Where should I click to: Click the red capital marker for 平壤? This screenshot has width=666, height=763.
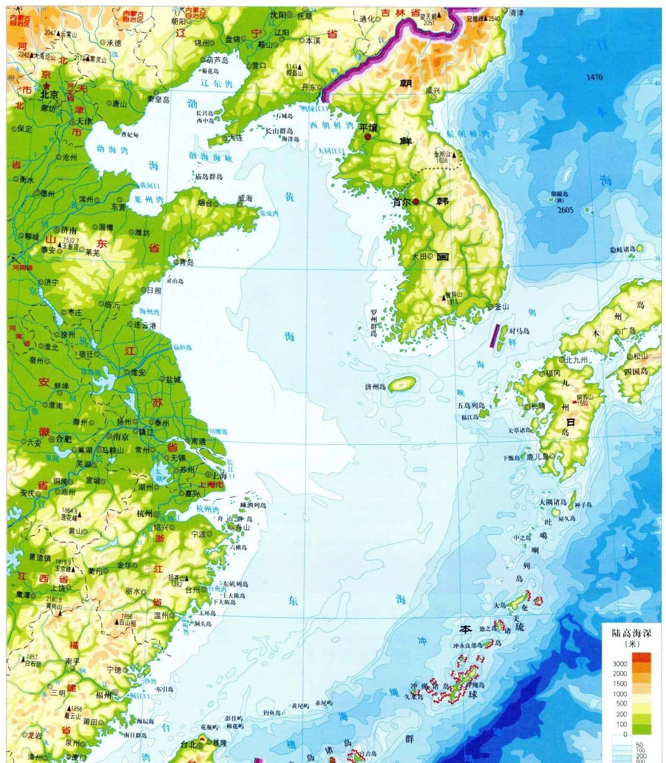pos(367,137)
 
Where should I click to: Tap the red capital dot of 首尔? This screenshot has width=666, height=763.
pos(416,202)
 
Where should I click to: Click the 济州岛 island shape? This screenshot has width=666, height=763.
pos(403,384)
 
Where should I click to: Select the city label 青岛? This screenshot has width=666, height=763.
pos(186,262)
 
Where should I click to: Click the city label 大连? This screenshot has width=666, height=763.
pos(235,138)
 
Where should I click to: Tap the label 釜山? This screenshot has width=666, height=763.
pos(501,306)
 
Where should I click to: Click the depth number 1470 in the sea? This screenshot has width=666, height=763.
pos(594,77)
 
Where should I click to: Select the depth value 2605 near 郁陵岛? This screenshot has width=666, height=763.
pos(565,210)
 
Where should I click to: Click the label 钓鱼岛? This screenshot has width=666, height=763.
pos(272,713)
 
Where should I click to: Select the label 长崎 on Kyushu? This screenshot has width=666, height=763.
pos(537,407)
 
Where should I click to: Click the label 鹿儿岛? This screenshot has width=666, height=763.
pos(537,457)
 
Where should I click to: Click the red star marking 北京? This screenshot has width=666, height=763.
pos(47,85)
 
